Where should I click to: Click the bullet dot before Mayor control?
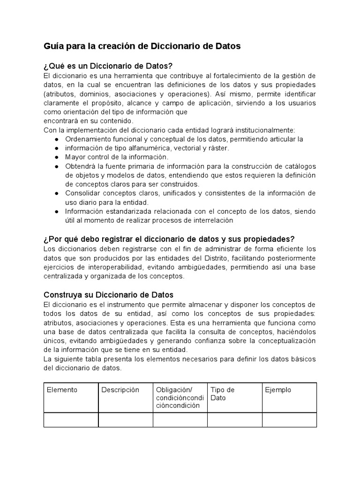[56, 157]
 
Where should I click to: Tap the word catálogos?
[300, 166]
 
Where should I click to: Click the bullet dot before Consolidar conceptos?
[56, 193]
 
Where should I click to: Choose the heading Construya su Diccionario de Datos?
[108, 295]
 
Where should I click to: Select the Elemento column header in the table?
[62, 390]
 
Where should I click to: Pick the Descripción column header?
[120, 390]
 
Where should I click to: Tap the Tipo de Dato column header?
[223, 394]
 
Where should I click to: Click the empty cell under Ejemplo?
[289, 420]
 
